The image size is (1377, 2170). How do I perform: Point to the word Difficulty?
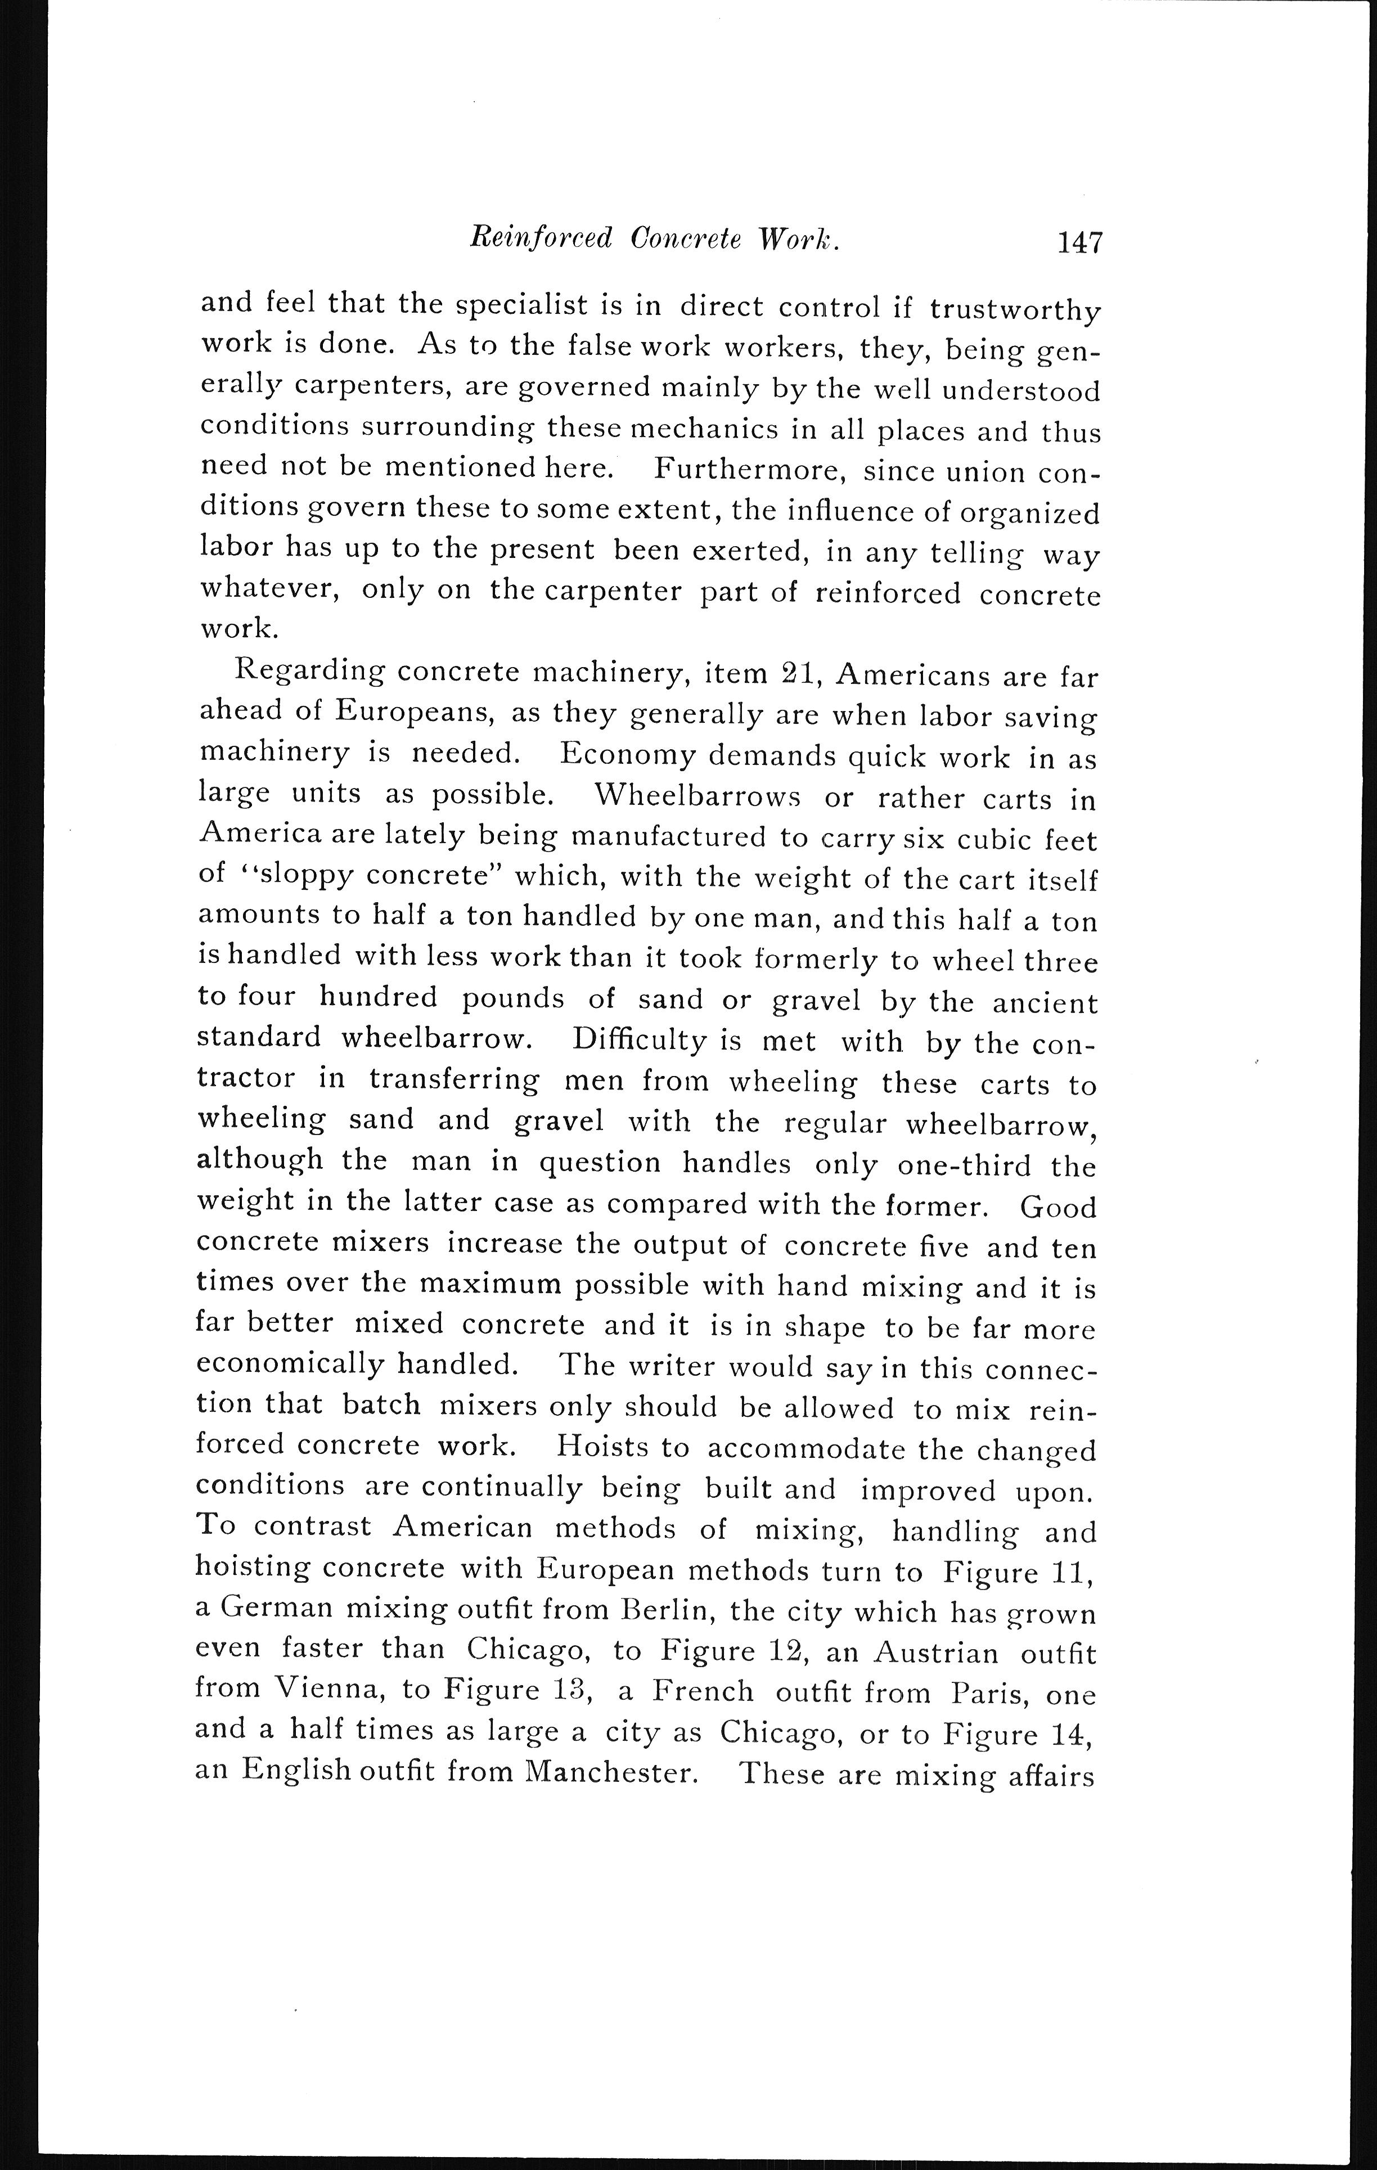638,1040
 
